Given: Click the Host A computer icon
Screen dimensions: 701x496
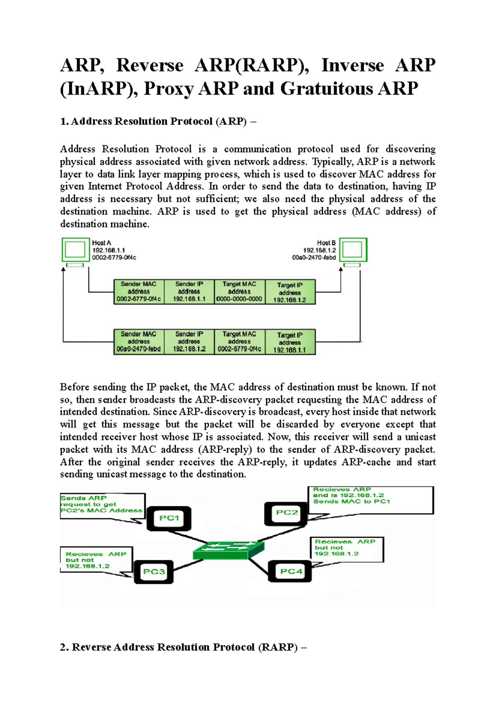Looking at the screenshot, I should click(76, 250).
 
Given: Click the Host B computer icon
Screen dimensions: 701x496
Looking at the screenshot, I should click(353, 250).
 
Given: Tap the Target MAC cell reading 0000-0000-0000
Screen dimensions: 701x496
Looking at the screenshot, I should click(239, 292).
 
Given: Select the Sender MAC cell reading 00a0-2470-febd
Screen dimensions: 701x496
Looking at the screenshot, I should click(138, 342).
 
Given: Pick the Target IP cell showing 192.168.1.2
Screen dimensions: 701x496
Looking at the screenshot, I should click(290, 292).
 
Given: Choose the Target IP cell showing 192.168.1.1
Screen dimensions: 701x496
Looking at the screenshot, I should click(290, 342).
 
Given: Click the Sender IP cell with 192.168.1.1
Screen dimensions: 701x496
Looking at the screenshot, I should click(189, 292).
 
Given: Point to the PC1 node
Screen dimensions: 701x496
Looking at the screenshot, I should click(169, 518).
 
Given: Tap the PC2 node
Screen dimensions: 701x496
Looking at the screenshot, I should click(286, 513).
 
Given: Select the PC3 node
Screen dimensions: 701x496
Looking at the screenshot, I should click(154, 572).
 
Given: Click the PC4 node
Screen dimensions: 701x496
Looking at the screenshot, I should click(291, 571).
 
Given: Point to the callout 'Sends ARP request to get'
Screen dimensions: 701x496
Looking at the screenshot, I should click(102, 504).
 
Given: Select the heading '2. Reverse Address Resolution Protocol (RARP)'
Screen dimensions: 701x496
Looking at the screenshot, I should click(184, 647).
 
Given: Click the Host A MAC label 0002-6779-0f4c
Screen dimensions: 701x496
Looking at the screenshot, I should click(114, 258).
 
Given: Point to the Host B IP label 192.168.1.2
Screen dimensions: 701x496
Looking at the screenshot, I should click(319, 250).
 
